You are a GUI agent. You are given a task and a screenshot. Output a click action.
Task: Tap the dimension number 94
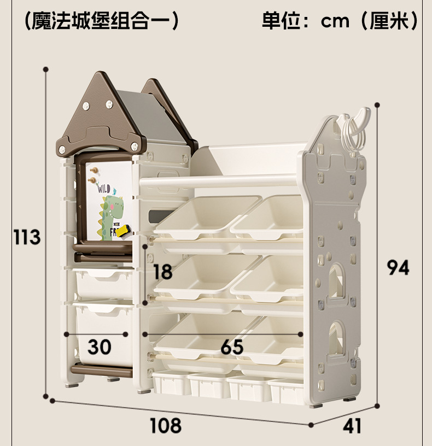pos(398,267)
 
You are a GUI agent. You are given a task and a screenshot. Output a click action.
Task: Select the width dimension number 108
pos(165,425)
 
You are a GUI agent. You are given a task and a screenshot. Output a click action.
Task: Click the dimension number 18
pos(163,271)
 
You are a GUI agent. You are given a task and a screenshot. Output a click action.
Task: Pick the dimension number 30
pos(100,347)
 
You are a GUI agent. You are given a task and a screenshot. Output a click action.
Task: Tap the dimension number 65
pos(232,347)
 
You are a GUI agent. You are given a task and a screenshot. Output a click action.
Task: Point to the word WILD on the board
pos(104,189)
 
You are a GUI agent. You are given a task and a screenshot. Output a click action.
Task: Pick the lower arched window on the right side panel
pos(337,339)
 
